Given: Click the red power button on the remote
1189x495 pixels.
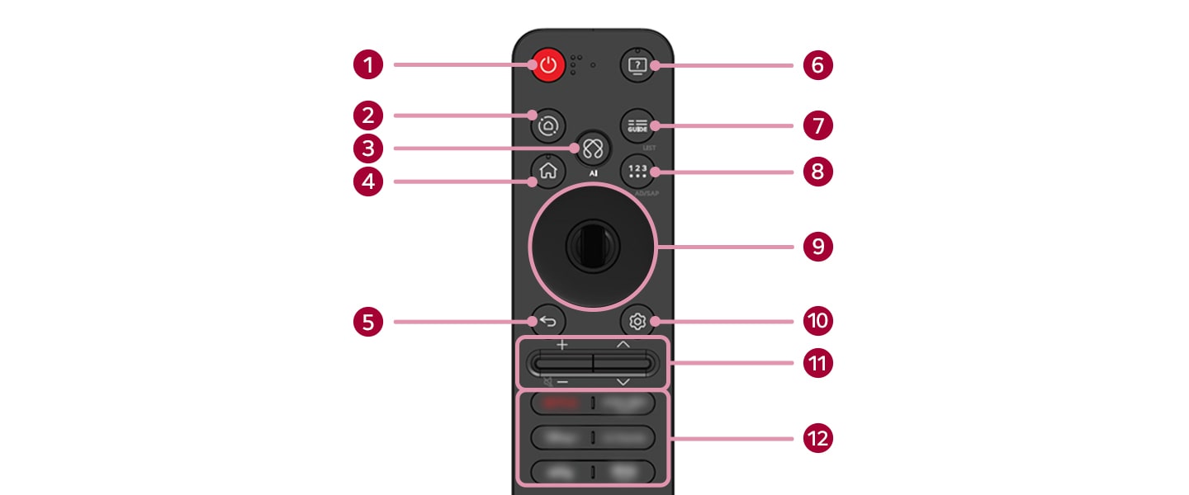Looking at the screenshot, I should tap(548, 65).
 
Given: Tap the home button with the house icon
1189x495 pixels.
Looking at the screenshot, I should tap(547, 172).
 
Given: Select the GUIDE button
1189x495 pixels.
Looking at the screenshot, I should tap(637, 125).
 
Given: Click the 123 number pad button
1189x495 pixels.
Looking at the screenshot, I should tap(637, 172).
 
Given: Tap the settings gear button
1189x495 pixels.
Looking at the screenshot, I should tap(637, 321).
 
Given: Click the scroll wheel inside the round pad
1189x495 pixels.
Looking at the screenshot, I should tap(592, 247).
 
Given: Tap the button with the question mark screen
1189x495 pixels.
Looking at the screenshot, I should tap(637, 65).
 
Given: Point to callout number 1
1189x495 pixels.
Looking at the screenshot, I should tap(369, 64).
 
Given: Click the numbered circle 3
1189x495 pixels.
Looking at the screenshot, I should tap(369, 148).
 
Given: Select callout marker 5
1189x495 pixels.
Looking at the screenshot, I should tap(369, 321).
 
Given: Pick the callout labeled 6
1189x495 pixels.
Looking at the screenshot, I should tap(817, 65).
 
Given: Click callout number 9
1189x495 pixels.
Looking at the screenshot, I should tap(817, 247).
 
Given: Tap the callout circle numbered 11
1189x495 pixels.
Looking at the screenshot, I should tap(817, 363).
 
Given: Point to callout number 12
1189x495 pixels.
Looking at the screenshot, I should tap(817, 437).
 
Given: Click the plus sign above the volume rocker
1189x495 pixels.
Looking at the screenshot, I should tap(561, 345).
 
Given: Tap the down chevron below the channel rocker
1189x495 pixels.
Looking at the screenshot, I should tap(623, 382).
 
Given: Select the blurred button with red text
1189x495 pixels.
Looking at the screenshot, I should tap(559, 403).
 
